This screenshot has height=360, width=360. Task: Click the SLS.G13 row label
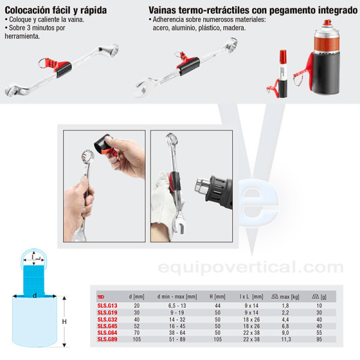pyautogui.click(x=107, y=305)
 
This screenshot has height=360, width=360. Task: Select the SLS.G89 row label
pyautogui.click(x=107, y=339)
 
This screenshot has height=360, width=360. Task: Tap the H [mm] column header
pyautogui.click(x=217, y=296)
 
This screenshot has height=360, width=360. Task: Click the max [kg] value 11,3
pyautogui.click(x=286, y=340)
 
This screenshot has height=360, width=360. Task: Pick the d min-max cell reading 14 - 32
pyautogui.click(x=177, y=319)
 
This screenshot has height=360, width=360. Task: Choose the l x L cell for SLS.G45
pyautogui.click(x=251, y=326)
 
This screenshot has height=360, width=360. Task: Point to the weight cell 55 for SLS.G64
pyautogui.click(x=319, y=332)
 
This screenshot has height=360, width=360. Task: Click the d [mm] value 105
pyautogui.click(x=137, y=340)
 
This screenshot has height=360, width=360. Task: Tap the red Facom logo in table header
pyautogui.click(x=101, y=297)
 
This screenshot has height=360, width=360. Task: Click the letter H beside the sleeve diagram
pyautogui.click(x=64, y=322)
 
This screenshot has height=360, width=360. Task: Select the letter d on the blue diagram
pyautogui.click(x=35, y=295)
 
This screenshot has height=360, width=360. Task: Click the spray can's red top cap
pyautogui.click(x=327, y=23)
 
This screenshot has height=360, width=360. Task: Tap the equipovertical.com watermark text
pyautogui.click(x=250, y=268)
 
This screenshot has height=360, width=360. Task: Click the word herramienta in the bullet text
pyautogui.click(x=22, y=36)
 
